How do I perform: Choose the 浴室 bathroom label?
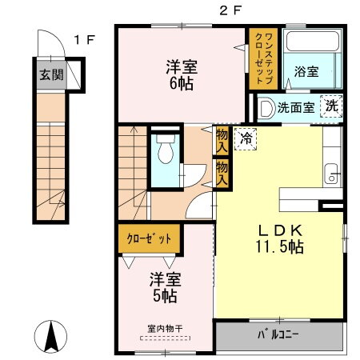306,71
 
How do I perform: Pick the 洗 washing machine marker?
330,106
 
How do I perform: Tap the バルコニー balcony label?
278,335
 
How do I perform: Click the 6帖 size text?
182,82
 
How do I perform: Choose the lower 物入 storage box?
222,171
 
